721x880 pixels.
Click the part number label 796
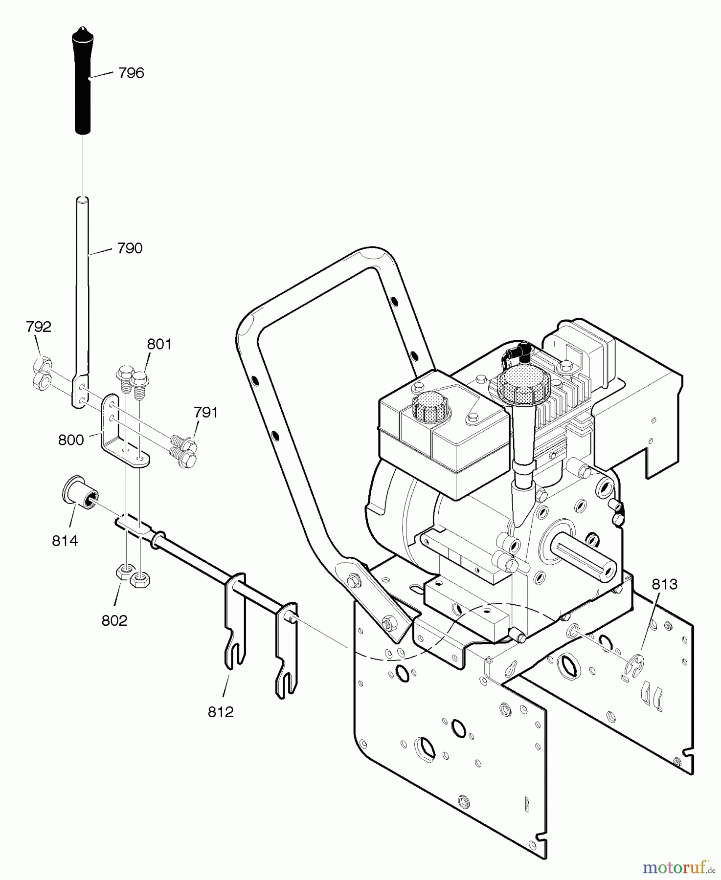[131, 73]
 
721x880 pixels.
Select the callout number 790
[130, 248]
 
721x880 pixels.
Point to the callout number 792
[39, 327]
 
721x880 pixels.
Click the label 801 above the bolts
[159, 345]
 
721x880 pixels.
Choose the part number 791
[205, 413]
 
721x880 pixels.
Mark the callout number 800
[71, 440]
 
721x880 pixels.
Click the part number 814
[65, 541]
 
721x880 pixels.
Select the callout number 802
[114, 620]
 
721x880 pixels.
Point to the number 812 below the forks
[221, 712]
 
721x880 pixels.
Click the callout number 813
[664, 584]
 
